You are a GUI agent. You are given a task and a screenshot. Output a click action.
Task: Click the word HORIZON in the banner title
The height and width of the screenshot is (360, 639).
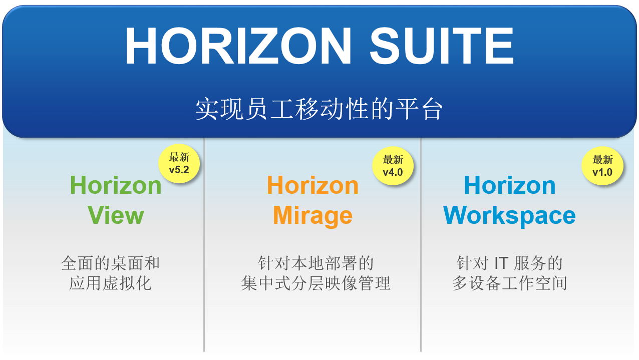pos(238,46)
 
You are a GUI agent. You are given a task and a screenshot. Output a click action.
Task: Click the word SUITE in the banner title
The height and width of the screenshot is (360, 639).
pos(442,46)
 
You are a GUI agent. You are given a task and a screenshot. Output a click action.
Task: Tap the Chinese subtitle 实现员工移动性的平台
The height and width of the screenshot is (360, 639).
pos(319,109)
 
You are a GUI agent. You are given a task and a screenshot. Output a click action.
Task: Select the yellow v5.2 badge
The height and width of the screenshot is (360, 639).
pos(179,164)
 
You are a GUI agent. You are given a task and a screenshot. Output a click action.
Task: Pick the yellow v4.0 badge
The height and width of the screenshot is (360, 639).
pos(393,166)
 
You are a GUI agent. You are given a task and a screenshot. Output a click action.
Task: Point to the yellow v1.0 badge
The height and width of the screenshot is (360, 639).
pos(602,166)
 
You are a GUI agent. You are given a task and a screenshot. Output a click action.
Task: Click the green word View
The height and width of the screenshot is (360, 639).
pos(116,215)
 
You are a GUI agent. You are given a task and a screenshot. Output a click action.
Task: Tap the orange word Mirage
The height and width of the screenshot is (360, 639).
pos(312,216)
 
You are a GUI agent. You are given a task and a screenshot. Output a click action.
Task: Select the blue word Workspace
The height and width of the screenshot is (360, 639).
pos(509,216)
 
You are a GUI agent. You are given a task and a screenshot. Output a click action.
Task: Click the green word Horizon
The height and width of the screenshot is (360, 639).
pos(116,185)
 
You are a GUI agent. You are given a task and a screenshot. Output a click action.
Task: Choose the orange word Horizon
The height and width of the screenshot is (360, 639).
pos(312,185)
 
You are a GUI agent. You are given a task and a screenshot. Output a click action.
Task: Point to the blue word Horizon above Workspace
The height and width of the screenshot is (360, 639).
pos(510,185)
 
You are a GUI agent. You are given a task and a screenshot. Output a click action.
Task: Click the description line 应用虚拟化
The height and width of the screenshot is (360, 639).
pos(110,283)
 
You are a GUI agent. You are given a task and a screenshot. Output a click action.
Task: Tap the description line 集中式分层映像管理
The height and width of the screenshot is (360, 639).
pos(315,283)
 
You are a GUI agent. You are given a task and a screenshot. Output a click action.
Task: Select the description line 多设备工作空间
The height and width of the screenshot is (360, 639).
pos(510,283)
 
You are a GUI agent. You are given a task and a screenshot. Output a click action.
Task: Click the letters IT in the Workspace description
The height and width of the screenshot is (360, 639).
pos(501,263)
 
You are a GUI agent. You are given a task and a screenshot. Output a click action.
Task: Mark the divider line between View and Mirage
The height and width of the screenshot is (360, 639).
pos(204,245)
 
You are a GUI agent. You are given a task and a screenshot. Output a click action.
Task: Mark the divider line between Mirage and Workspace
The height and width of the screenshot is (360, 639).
pos(421,245)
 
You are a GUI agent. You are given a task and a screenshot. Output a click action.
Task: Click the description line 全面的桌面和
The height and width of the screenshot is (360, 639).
pos(110,263)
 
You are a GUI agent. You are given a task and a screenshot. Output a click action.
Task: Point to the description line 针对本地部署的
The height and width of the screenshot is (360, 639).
pos(315,263)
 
